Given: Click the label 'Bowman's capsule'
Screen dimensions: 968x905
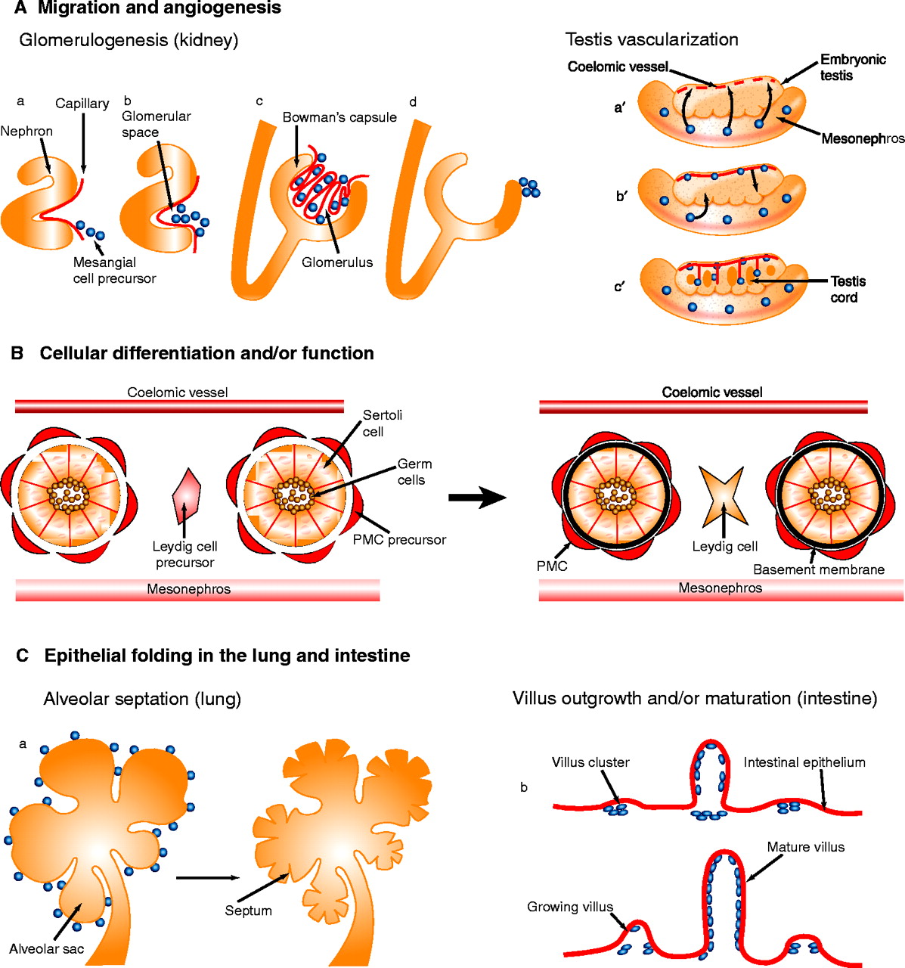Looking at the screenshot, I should coord(339,118).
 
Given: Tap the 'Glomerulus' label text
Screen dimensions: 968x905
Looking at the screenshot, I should coord(337,263).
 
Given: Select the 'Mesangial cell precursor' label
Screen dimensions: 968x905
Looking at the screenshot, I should coord(114,271).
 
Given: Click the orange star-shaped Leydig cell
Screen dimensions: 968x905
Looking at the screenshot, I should coord(724,496).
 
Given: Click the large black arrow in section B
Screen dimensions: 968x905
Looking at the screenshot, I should coord(477,497).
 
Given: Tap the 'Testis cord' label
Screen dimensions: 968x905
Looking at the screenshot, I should coord(848,289).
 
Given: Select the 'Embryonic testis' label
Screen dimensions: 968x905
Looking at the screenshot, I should coord(852,67).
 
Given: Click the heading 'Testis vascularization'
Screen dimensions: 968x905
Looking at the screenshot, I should coord(652,39).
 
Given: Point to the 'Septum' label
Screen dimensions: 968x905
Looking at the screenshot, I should coord(248,911).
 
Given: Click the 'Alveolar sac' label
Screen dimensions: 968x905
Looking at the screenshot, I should coord(47,949).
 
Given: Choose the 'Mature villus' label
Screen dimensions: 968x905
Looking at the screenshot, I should coord(805,847).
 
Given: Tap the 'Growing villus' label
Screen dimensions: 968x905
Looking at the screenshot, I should coord(570,907).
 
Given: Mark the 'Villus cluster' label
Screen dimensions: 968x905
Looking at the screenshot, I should coord(590,762).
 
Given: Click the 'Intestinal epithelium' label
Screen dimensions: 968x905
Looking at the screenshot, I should coord(804,762).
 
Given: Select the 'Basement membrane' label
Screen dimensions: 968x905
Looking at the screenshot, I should coord(819,569).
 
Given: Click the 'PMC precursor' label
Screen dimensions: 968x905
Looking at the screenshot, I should coord(399,540).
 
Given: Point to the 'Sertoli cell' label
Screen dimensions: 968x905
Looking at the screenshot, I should coord(383,423).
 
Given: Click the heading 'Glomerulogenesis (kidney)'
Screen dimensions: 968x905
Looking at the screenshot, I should coord(129,40).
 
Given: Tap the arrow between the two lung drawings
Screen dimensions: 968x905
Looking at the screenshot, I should coord(206,878).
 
